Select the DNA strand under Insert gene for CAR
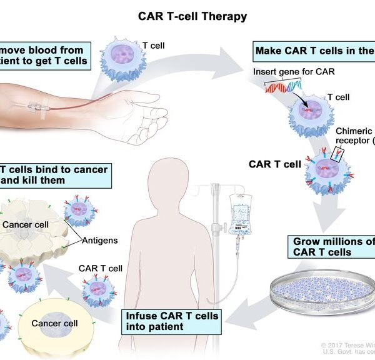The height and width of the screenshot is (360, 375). pyautogui.click(x=281, y=89)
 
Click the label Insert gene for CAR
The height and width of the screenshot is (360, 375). pyautogui.click(x=294, y=71)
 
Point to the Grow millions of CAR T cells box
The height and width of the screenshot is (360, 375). pyautogui.click(x=330, y=247)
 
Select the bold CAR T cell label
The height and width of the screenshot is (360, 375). pyautogui.click(x=275, y=164)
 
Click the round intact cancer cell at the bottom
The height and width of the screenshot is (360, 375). pyautogui.click(x=55, y=324)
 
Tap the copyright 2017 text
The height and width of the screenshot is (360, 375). pyautogui.click(x=347, y=345)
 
